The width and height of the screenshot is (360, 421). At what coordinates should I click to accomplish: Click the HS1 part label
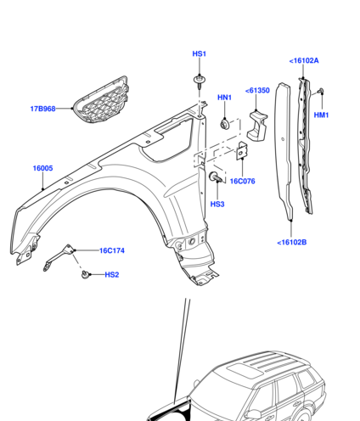200,53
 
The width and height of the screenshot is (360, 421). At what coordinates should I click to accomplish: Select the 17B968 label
42,109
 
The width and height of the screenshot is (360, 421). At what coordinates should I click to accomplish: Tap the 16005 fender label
42,168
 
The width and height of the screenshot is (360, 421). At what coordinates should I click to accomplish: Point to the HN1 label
224,98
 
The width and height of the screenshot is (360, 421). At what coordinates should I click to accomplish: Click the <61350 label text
257,90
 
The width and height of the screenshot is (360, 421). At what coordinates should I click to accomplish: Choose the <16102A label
304,60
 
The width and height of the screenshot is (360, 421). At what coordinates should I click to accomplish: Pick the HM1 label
321,115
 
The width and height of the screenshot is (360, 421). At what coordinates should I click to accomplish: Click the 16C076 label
243,181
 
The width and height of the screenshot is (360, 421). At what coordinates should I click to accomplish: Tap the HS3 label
217,204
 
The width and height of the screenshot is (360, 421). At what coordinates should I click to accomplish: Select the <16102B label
292,242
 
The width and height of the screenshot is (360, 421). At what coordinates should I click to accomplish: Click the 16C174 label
112,250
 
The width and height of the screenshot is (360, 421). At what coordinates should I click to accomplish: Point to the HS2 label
112,274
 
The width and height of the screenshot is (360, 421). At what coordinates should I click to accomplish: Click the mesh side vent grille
101,100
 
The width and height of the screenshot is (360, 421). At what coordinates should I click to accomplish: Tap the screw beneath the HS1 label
200,81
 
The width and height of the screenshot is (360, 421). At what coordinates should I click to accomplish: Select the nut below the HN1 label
225,124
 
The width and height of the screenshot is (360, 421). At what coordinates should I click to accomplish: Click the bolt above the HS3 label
216,177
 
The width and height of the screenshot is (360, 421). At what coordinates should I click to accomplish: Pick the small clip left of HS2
85,274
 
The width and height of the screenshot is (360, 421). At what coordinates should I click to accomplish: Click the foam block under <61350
257,125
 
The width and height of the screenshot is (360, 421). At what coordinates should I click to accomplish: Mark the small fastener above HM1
320,92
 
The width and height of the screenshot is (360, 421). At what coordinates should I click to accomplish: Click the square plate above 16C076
242,151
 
